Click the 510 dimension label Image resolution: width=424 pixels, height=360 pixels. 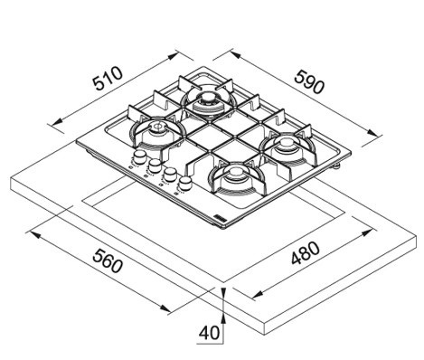(x=108, y=79)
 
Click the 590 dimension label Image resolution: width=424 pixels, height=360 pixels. (x=309, y=81)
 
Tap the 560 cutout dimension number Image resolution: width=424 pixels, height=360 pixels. (x=108, y=261)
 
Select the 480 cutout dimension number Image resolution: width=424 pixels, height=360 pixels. (x=306, y=253)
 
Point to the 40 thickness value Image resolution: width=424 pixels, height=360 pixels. (x=209, y=333)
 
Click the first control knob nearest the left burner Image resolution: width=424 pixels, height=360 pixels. (x=138, y=157)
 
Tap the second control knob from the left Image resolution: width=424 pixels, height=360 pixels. (x=155, y=166)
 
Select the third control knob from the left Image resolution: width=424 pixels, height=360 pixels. (x=170, y=175)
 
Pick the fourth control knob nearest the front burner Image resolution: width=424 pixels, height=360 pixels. (x=185, y=183)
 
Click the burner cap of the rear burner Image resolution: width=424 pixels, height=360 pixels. (x=207, y=99)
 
